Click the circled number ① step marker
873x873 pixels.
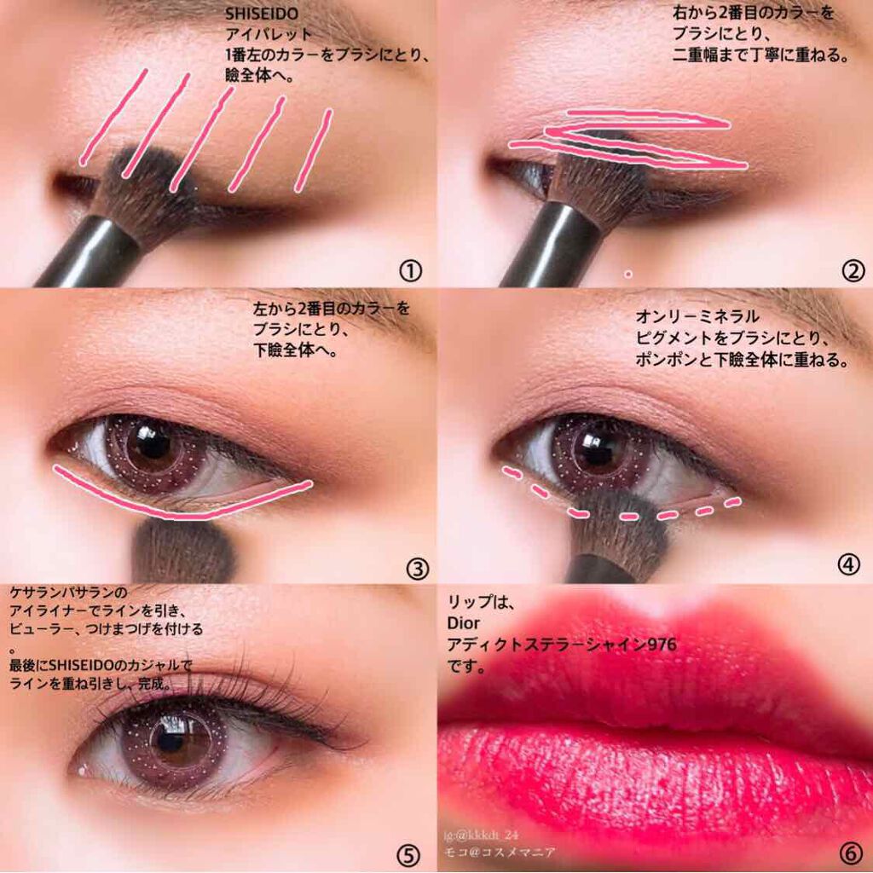(410, 271)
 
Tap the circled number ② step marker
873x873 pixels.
(853, 271)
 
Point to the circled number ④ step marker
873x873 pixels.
(848, 564)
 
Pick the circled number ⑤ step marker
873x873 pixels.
(408, 854)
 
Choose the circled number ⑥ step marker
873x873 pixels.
(852, 852)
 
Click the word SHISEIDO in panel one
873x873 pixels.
(262, 14)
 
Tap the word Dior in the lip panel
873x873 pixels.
(463, 623)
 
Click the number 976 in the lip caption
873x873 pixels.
(662, 645)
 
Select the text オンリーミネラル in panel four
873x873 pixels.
(697, 317)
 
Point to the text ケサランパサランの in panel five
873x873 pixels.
(68, 592)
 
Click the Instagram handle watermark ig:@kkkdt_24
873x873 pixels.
(481, 835)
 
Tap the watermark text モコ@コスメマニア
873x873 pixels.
(500, 853)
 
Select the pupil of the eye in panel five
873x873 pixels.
(170, 741)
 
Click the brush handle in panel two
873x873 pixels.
(552, 245)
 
